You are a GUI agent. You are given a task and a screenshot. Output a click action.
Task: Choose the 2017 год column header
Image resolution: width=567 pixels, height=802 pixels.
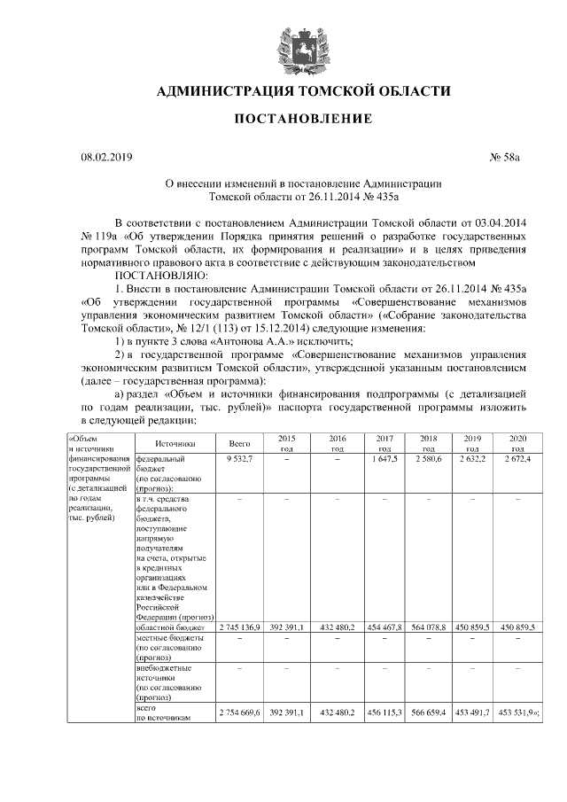[x=384, y=442]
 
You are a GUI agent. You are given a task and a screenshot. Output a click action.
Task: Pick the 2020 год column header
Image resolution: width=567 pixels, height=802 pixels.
[x=517, y=442]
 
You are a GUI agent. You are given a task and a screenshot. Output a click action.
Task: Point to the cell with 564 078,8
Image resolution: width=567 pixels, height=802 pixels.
[x=429, y=627]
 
